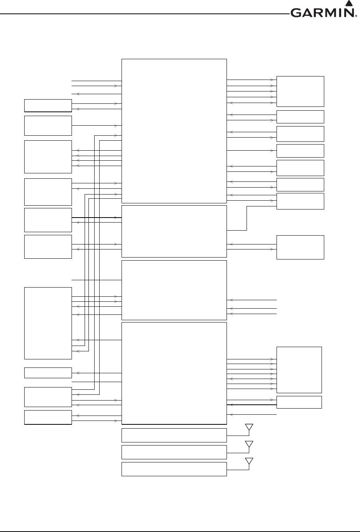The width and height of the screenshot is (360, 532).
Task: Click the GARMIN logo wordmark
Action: [x=322, y=13]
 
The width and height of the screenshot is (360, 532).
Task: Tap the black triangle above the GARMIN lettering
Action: [x=349, y=3]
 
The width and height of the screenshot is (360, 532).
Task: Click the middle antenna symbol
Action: [x=249, y=444]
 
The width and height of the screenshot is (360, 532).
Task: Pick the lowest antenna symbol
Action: [x=249, y=461]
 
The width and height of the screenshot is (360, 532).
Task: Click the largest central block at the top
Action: [x=174, y=131]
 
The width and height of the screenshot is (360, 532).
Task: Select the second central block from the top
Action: [x=174, y=231]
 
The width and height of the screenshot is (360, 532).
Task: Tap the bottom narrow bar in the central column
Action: [x=174, y=469]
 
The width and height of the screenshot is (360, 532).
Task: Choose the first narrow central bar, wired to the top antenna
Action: [x=174, y=435]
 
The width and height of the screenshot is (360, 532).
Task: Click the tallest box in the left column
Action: [x=48, y=323]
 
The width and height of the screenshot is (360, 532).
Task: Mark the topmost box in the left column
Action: [x=48, y=105]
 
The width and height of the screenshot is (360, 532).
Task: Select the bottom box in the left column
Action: [x=48, y=417]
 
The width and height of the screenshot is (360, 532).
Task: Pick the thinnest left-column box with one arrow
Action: [x=48, y=372]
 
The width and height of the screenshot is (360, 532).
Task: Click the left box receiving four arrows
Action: [x=48, y=157]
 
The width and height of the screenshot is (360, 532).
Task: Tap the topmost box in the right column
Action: [x=300, y=91]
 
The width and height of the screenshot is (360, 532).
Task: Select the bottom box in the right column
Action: [x=299, y=402]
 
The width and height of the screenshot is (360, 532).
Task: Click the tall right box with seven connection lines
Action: [x=299, y=370]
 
